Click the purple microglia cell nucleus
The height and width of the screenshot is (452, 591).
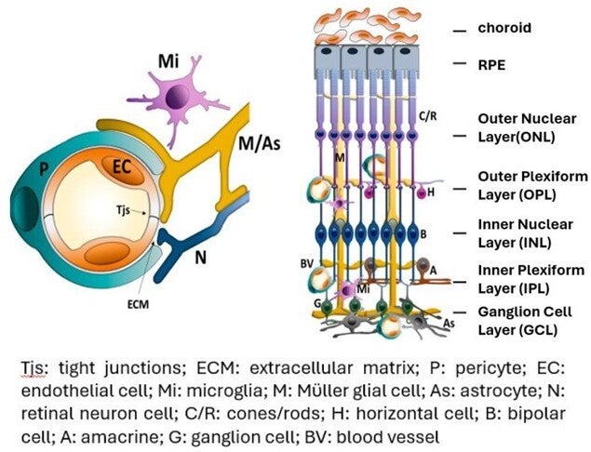[179, 97]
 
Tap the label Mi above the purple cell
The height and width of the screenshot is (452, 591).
[168, 61]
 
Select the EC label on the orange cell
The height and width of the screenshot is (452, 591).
[122, 166]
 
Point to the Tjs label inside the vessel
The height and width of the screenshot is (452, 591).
[123, 209]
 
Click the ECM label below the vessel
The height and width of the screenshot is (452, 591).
[138, 304]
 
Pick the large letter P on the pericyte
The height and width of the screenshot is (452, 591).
[44, 170]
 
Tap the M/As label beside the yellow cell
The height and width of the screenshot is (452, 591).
[260, 144]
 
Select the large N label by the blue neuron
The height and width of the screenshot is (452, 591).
[200, 258]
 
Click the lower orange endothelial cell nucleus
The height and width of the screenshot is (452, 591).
[104, 253]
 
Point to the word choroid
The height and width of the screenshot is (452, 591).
[504, 28]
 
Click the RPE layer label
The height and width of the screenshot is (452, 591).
[491, 65]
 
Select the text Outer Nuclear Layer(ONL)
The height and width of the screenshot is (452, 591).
[527, 127]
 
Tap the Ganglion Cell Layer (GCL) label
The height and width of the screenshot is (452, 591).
[525, 321]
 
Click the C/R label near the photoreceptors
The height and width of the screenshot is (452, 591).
[428, 116]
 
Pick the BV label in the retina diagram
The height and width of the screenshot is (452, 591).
[307, 264]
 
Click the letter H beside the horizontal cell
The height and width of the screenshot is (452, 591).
[431, 193]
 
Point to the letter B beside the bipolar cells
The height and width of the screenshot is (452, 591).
[423, 234]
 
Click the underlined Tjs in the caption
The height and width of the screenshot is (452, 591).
[34, 367]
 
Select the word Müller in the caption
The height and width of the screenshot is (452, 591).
[319, 391]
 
